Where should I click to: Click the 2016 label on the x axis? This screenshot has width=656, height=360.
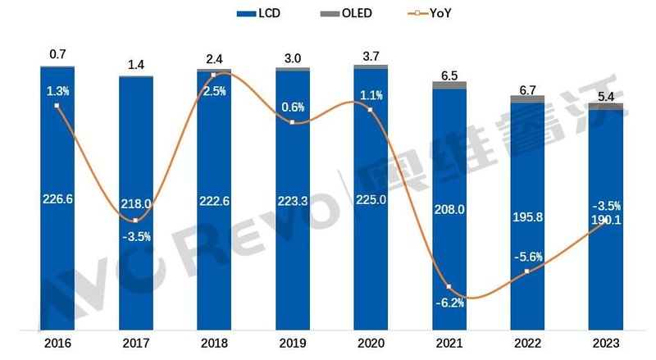click(x=57, y=342)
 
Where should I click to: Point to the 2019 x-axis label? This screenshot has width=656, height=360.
click(x=292, y=342)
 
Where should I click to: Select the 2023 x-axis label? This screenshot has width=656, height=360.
click(x=606, y=342)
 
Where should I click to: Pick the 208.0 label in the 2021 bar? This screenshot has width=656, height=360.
click(x=449, y=209)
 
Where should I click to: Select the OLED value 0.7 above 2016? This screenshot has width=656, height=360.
click(x=57, y=54)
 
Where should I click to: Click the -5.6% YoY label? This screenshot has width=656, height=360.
click(x=527, y=257)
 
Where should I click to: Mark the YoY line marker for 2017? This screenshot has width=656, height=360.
click(x=135, y=221)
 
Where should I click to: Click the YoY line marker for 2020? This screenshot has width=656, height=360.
click(x=371, y=108)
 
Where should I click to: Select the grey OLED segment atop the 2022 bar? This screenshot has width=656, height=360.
click(x=527, y=98)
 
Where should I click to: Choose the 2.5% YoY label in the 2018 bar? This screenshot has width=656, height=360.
click(x=213, y=91)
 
